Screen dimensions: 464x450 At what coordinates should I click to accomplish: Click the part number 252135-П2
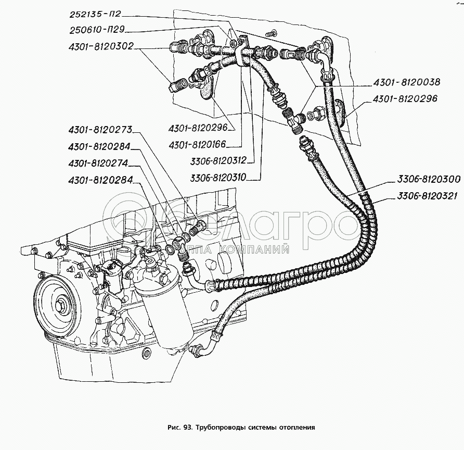[x=95, y=14]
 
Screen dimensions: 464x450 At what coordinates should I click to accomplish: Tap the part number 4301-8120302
[x=101, y=46]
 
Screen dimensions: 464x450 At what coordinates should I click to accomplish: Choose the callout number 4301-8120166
[x=197, y=145]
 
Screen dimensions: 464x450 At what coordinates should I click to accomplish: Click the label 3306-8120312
[x=218, y=160]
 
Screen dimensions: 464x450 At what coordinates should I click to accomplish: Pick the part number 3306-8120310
[x=218, y=177]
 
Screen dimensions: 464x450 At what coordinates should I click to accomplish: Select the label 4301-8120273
[x=100, y=130]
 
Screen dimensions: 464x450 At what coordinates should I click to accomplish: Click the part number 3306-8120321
[x=428, y=196]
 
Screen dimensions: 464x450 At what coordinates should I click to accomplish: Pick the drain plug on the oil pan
[x=146, y=352]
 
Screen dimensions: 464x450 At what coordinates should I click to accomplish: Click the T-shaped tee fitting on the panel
[x=295, y=121]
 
